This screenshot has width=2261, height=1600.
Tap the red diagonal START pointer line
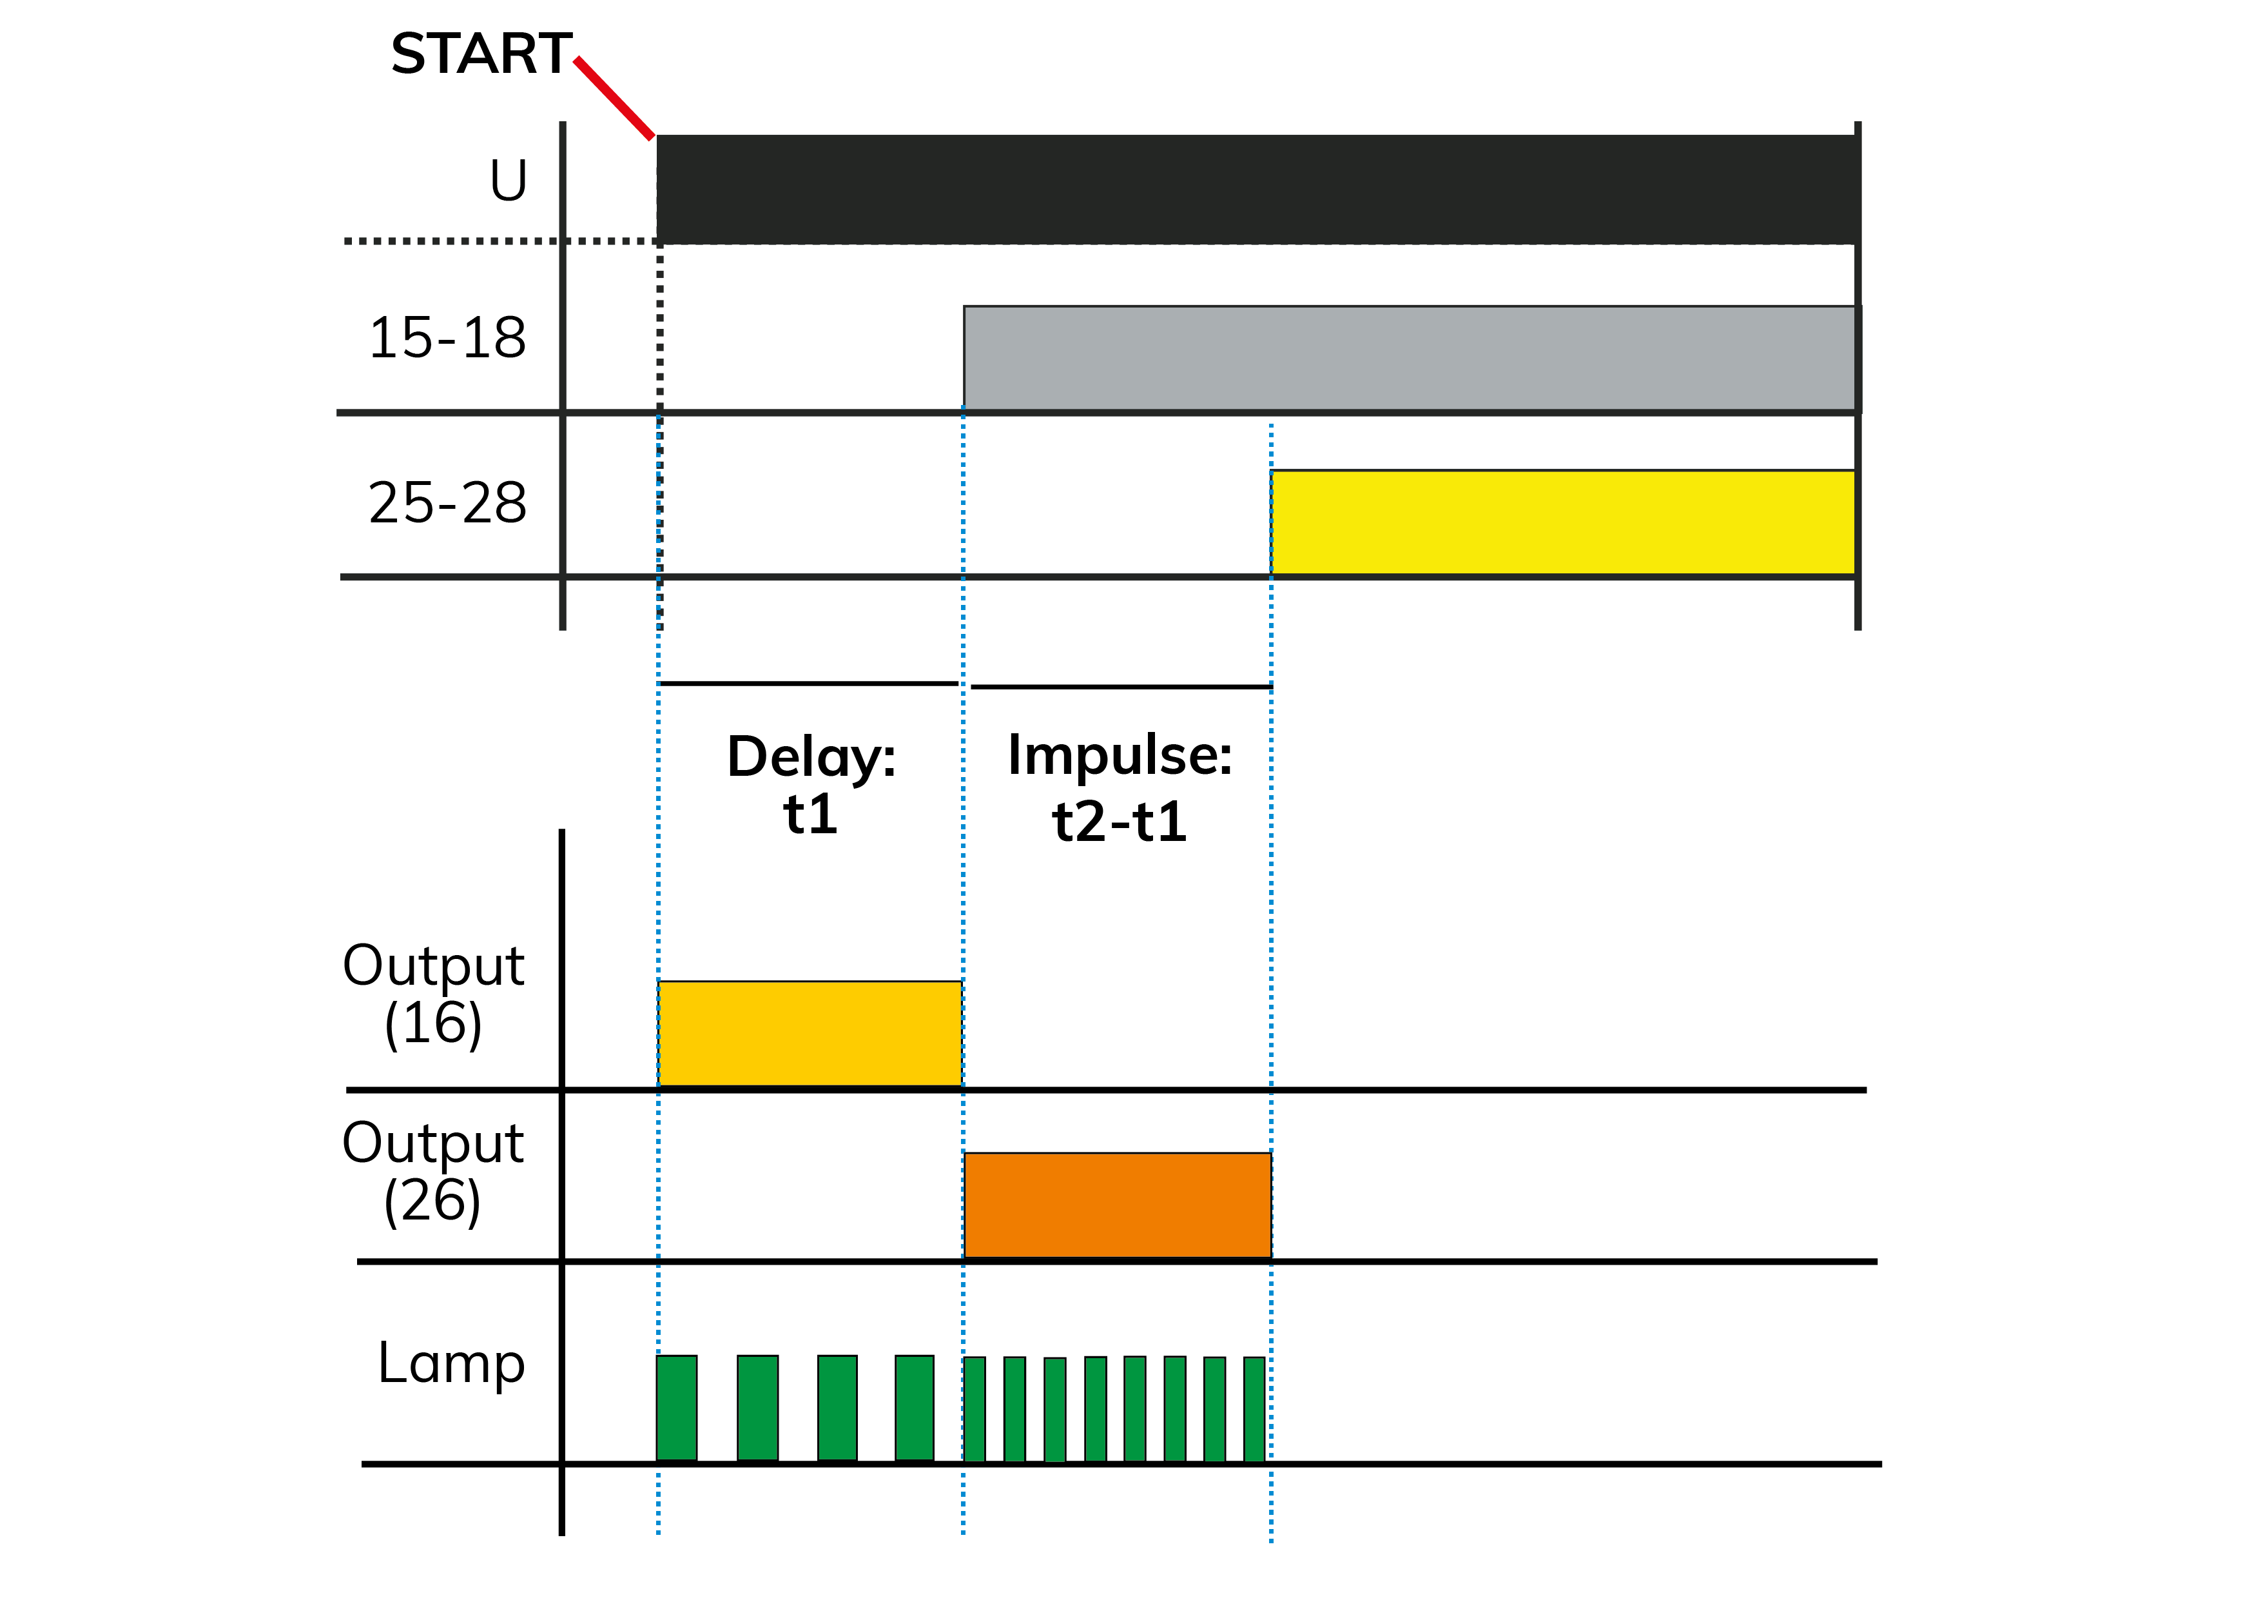[614, 99]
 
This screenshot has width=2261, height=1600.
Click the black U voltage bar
[1257, 189]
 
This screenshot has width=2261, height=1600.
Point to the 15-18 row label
[447, 338]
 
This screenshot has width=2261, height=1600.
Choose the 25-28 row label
[447, 502]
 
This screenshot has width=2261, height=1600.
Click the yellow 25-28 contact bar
[1563, 522]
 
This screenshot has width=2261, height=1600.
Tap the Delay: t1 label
[811, 784]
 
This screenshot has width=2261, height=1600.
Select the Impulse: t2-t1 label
[1120, 787]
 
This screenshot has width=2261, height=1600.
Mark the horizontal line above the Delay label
[808, 683]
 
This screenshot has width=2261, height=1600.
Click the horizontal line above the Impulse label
[1121, 687]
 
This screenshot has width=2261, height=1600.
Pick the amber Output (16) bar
[810, 1034]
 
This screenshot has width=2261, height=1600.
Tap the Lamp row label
[451, 1365]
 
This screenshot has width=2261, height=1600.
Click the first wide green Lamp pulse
[677, 1408]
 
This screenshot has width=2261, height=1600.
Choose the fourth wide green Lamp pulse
[915, 1408]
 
